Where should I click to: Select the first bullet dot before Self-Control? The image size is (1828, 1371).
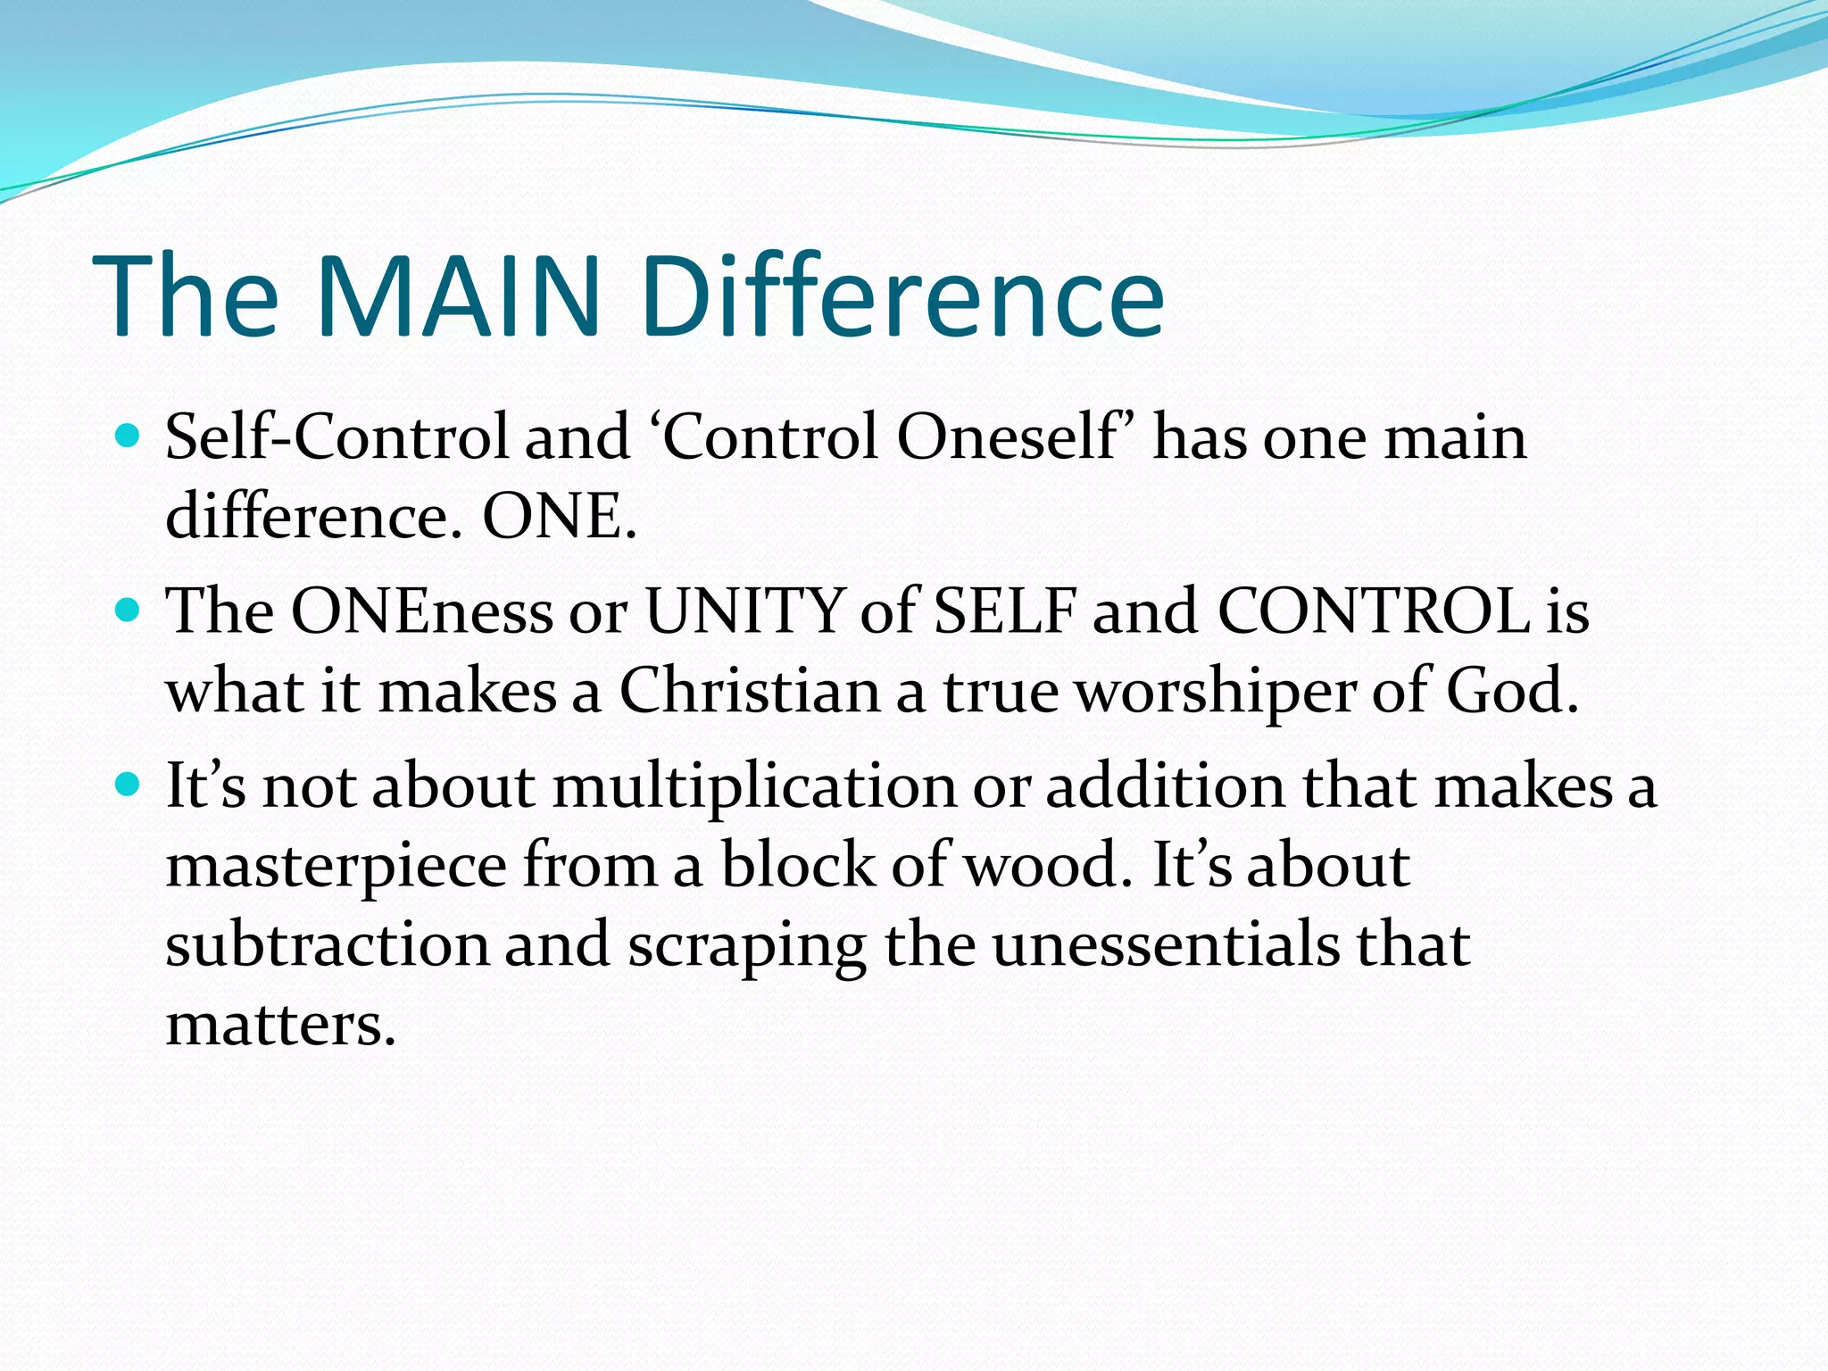(x=129, y=436)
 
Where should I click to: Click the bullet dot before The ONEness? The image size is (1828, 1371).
(x=129, y=611)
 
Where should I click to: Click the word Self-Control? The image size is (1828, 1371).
(x=337, y=437)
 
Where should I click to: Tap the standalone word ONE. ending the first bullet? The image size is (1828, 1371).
(x=560, y=516)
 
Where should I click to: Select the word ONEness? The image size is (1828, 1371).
(x=421, y=612)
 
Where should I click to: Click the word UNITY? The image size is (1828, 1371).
(x=744, y=612)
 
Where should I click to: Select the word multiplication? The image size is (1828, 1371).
(x=754, y=787)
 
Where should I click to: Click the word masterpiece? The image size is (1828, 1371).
(x=337, y=866)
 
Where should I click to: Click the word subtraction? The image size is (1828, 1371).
(x=327, y=944)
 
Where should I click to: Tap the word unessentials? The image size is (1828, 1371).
(x=1166, y=944)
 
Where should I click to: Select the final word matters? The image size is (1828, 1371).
(x=280, y=1025)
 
